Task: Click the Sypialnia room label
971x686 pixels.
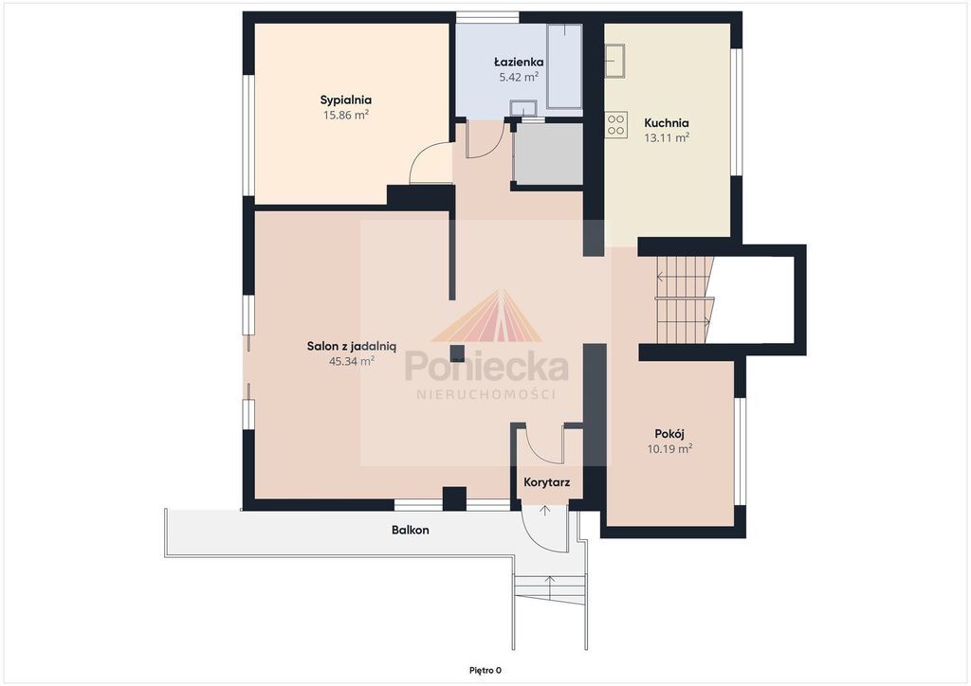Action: point(345,100)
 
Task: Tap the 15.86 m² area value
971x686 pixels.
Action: point(345,115)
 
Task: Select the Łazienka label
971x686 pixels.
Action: point(519,62)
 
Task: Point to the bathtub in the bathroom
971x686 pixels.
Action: point(564,67)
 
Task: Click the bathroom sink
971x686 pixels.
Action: point(523,108)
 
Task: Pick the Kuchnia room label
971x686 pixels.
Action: point(667,122)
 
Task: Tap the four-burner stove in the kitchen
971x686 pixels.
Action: point(616,124)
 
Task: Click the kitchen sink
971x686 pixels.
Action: point(614,61)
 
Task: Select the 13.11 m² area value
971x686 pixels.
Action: point(667,138)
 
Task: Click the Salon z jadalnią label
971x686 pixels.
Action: point(351,347)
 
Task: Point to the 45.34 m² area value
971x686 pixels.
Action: point(351,361)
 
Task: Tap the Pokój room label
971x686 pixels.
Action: point(669,434)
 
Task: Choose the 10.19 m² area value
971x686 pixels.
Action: point(669,448)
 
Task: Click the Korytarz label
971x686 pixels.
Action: point(547,482)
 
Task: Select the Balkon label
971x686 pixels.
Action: point(410,530)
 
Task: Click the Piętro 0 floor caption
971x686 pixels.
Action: point(485,670)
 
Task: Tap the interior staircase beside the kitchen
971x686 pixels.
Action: point(685,299)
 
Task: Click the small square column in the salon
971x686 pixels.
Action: point(457,353)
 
